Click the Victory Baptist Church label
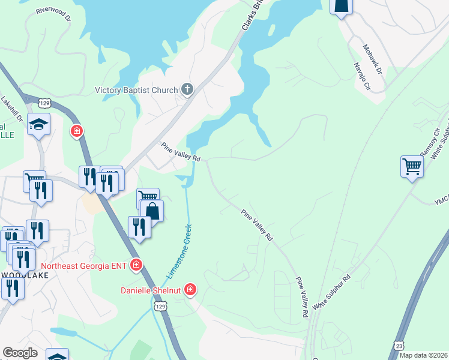(136, 91)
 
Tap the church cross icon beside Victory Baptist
(187, 90)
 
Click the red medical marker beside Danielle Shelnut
(190, 290)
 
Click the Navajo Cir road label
(361, 76)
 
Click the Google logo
(20, 353)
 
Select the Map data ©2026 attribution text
(423, 355)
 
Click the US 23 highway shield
(399, 346)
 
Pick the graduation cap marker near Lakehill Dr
(38, 124)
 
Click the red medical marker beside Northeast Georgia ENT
(136, 265)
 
